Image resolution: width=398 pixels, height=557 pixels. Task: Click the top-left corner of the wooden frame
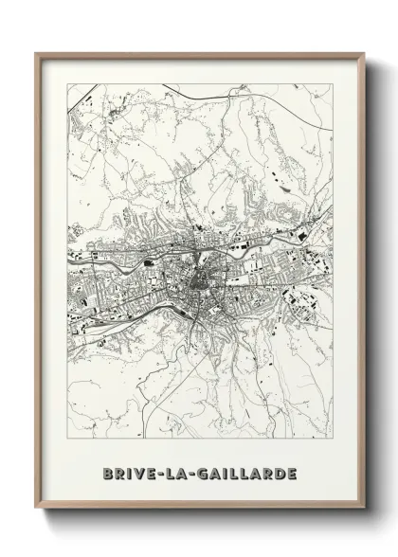pos(36,54)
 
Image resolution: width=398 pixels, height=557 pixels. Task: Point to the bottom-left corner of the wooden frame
pos(36,509)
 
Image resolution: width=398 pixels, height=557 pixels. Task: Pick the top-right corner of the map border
pos(332,83)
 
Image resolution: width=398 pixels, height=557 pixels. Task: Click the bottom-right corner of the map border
pos(332,438)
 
